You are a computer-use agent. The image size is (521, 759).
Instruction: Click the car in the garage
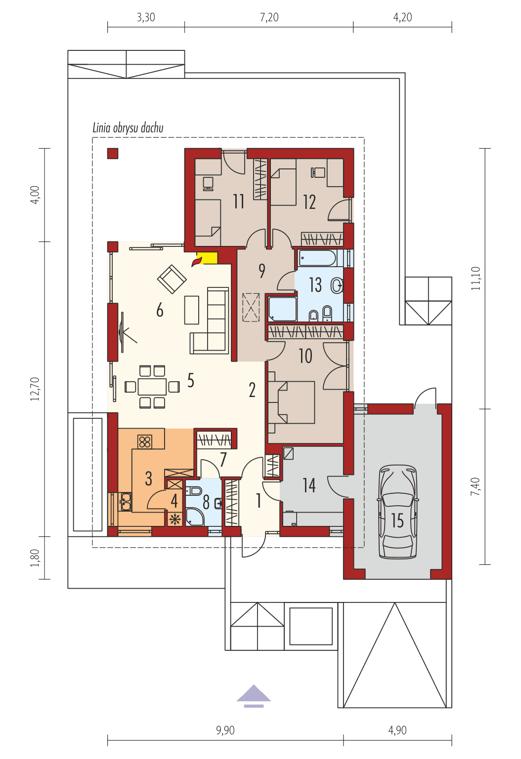398,511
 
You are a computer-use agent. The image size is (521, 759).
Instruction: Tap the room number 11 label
239,201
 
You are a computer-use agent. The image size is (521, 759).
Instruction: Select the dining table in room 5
152,386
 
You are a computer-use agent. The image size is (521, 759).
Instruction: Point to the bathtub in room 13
317,258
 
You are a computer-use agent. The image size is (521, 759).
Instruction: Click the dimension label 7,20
269,18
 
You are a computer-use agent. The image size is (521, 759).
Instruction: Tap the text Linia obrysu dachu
128,128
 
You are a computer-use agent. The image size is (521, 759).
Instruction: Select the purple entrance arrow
254,694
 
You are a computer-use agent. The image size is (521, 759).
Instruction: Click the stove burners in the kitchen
145,441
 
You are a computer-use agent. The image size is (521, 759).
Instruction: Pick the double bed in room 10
292,402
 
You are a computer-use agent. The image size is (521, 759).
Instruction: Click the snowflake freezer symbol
174,519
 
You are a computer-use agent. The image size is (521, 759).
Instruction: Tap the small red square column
113,154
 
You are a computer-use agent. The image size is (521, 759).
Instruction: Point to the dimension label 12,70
35,389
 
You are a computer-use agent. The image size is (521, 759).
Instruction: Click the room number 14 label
309,485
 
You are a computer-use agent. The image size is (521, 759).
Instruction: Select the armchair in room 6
172,279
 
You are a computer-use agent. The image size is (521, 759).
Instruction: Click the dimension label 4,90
397,730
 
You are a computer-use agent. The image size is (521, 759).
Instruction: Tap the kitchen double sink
125,501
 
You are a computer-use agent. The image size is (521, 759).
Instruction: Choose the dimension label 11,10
476,278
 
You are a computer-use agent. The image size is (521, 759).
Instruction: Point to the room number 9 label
261,271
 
